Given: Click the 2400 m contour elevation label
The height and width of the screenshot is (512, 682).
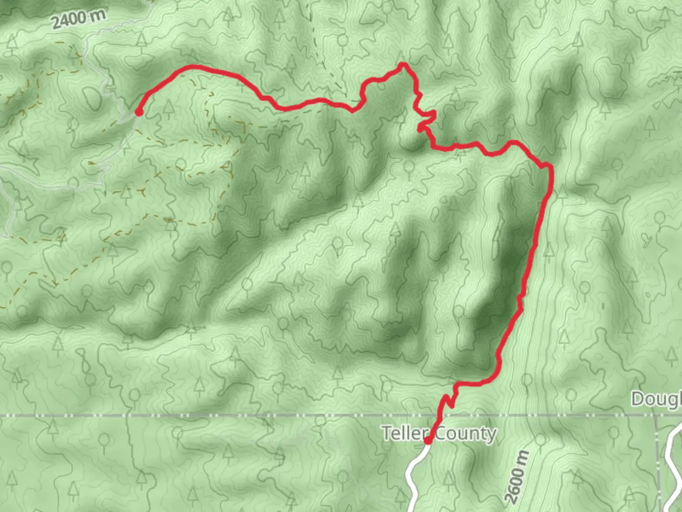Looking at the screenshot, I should (x=79, y=19).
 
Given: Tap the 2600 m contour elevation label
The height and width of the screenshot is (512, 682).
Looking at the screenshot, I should (x=518, y=477).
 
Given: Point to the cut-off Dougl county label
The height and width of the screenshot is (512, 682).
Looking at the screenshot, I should (x=656, y=399).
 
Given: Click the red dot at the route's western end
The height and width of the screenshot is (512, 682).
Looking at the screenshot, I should (x=139, y=112).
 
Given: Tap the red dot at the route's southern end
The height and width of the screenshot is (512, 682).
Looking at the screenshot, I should (x=428, y=441).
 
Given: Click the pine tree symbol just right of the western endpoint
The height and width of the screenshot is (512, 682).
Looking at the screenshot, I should (x=168, y=108).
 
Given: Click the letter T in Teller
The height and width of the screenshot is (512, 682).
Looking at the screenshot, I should (x=386, y=433).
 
